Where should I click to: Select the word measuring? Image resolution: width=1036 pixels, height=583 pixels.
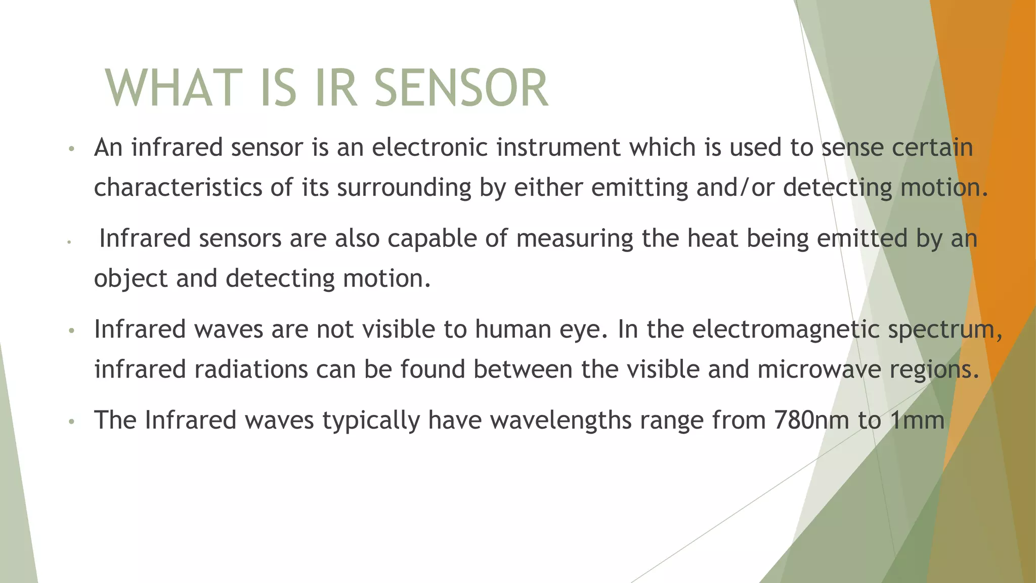pos(575,239)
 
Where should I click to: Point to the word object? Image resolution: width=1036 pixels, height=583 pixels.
pos(131,279)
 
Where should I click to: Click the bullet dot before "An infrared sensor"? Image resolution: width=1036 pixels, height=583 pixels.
pos(72,149)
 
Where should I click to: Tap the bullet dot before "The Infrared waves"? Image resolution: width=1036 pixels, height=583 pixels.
pos(72,421)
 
